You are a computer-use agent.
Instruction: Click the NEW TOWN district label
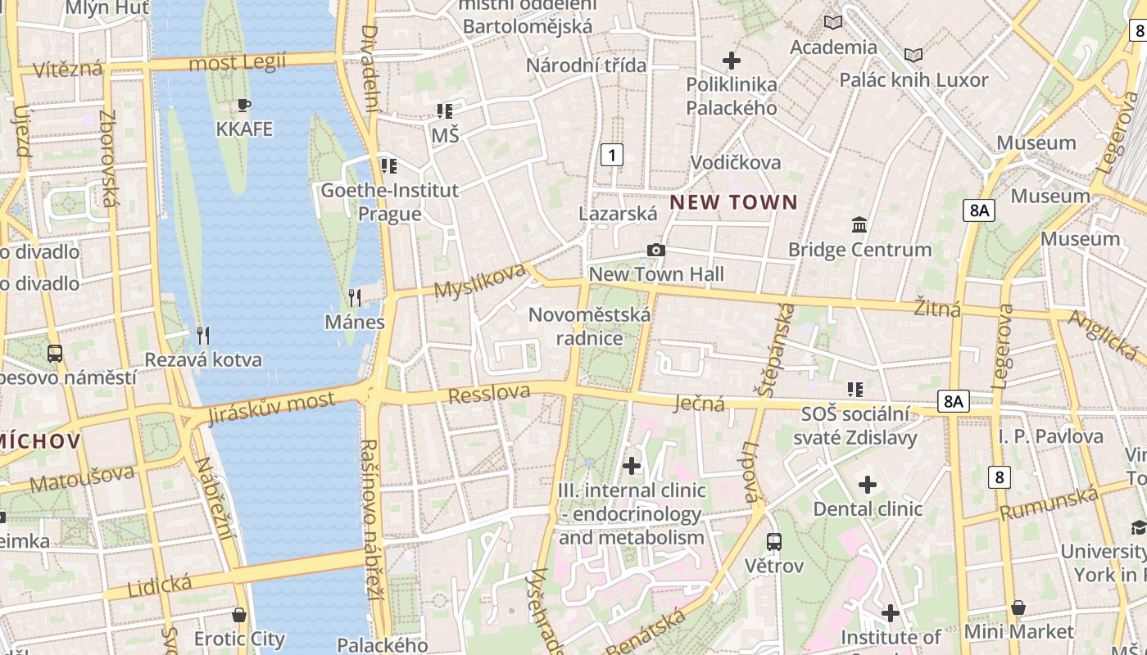coord(733,202)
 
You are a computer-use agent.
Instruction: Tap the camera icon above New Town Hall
coord(655,251)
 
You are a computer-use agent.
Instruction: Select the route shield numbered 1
coord(611,154)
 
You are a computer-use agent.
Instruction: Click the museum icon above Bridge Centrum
coord(859,224)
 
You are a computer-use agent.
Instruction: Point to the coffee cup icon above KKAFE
coord(243,105)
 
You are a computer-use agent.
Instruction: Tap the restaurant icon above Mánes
coord(355,297)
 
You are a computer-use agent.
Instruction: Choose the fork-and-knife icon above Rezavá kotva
coord(203,335)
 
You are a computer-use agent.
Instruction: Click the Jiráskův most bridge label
coord(271,407)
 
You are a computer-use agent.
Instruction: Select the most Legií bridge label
coord(237,62)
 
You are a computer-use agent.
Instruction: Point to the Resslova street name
coord(489,394)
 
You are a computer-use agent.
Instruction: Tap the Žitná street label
coord(937,308)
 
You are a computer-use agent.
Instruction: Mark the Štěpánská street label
coord(777,350)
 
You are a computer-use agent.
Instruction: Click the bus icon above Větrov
coord(773,541)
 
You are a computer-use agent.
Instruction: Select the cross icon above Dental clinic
coord(868,485)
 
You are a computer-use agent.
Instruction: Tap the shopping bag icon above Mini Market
coord(1018,608)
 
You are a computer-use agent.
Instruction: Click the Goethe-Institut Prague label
coord(389,202)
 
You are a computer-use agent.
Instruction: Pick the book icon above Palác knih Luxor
coord(913,55)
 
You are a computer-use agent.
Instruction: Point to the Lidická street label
coord(160,586)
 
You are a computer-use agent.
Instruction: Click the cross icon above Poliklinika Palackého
coord(731,60)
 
